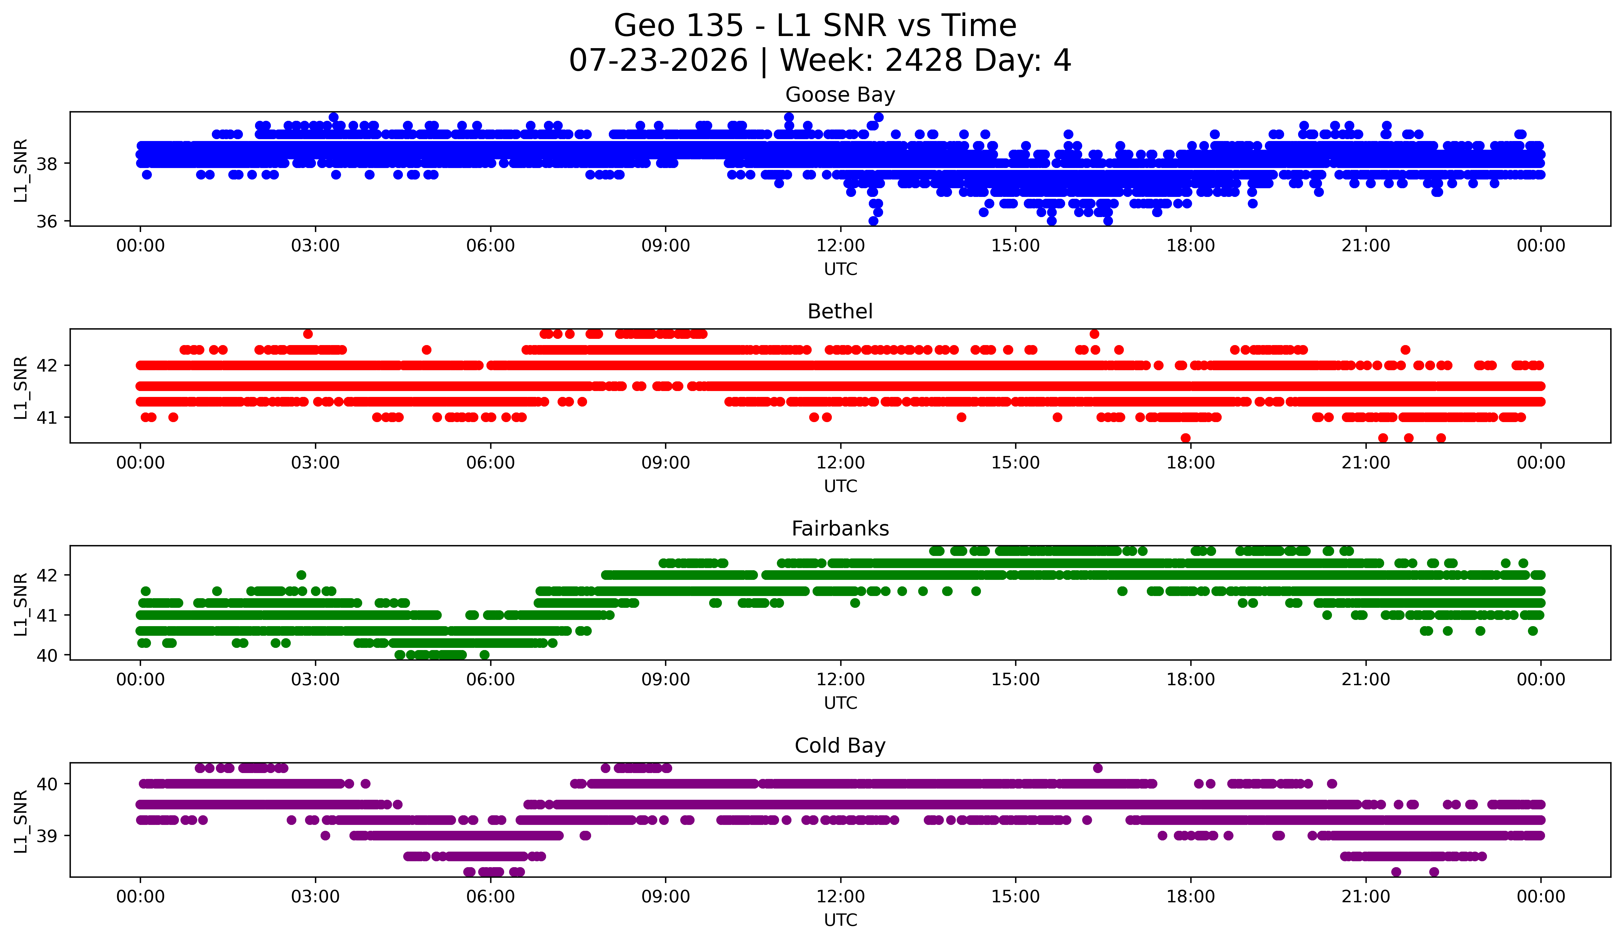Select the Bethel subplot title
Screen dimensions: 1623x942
click(840, 312)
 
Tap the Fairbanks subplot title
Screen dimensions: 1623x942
click(840, 529)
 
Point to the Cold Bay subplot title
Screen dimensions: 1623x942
click(840, 746)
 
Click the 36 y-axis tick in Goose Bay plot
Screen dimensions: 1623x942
click(46, 221)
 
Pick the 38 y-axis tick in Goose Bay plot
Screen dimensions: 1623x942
click(46, 164)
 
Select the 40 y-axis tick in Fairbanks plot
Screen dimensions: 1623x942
click(46, 655)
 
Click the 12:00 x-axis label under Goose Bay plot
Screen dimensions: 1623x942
click(841, 246)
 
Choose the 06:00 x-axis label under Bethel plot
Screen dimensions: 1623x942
click(491, 463)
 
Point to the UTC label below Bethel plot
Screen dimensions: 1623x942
click(841, 486)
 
